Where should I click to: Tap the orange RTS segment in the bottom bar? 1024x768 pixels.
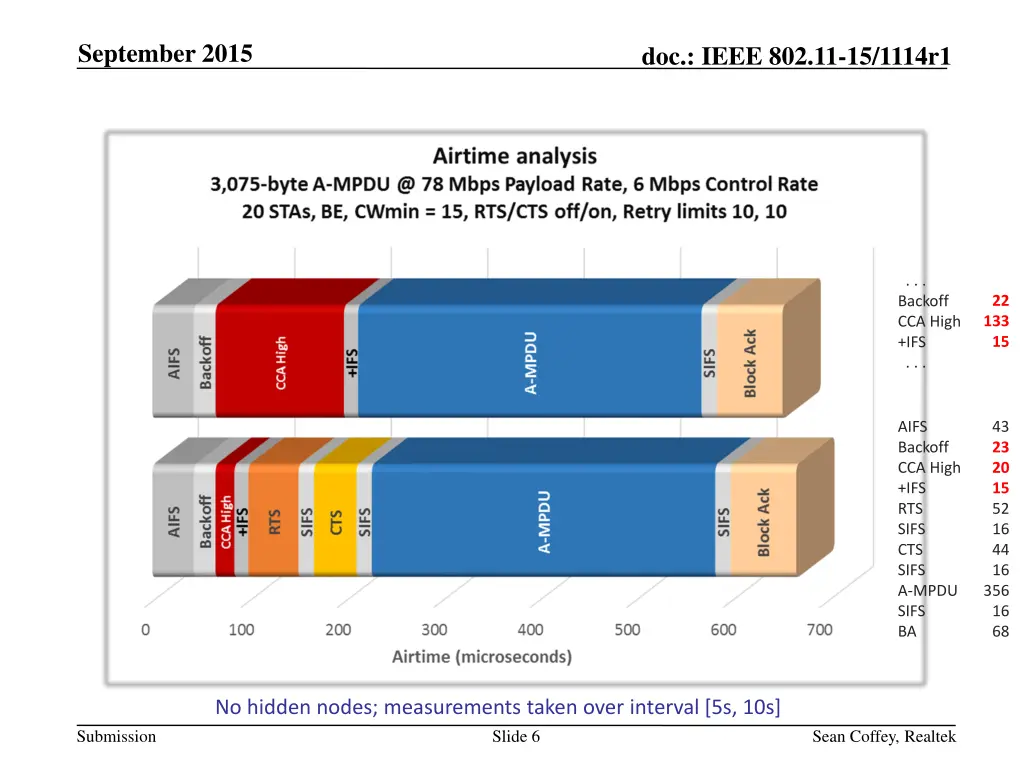(274, 521)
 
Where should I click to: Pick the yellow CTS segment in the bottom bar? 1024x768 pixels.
(336, 521)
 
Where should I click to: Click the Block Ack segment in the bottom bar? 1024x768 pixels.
(763, 521)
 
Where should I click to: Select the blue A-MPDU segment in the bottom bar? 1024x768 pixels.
(545, 521)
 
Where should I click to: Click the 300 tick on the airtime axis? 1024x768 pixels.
(434, 630)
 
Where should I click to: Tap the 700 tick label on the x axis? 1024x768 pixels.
(819, 630)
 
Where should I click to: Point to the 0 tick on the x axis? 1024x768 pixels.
(146, 630)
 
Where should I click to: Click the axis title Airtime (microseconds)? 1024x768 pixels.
(482, 657)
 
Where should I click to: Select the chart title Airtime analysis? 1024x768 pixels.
(514, 156)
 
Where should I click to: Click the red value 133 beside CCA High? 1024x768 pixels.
(995, 321)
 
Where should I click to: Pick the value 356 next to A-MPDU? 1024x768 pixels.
(995, 590)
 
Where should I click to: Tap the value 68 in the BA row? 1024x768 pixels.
(1000, 631)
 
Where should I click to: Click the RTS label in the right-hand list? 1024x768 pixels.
(911, 508)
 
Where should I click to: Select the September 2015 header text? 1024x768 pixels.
(165, 54)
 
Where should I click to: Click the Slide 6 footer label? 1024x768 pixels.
(516, 737)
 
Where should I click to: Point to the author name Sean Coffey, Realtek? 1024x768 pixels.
(884, 737)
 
